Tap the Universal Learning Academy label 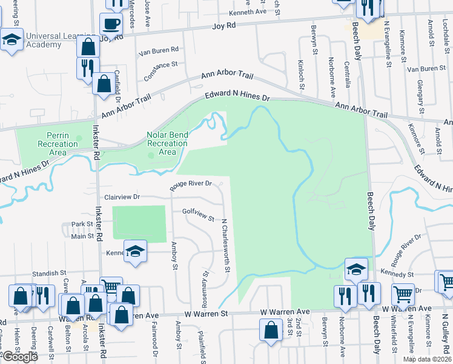pyautogui.click(x=39, y=40)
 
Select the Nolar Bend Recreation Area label pyautogui.click(x=167, y=143)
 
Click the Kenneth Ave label pyautogui.click(x=248, y=12)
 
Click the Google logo pyautogui.click(x=20, y=357)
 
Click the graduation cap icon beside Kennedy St pyautogui.click(x=356, y=269)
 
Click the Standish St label pyautogui.click(x=49, y=274)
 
